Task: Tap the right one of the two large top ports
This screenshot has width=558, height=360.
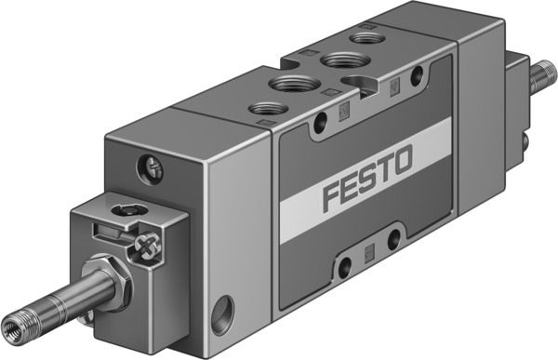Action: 333,61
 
